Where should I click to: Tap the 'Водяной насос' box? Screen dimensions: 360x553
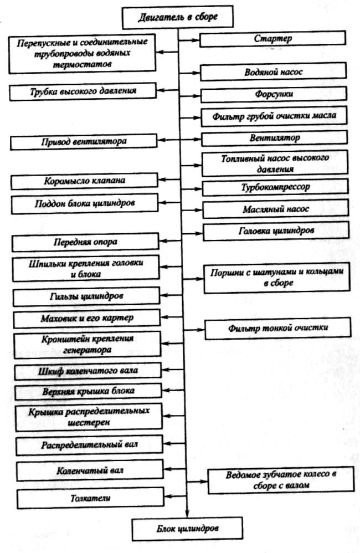[x=274, y=72]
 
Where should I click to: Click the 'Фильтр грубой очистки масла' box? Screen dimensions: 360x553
[x=274, y=117]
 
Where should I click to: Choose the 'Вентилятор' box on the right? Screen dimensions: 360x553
[x=274, y=136]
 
